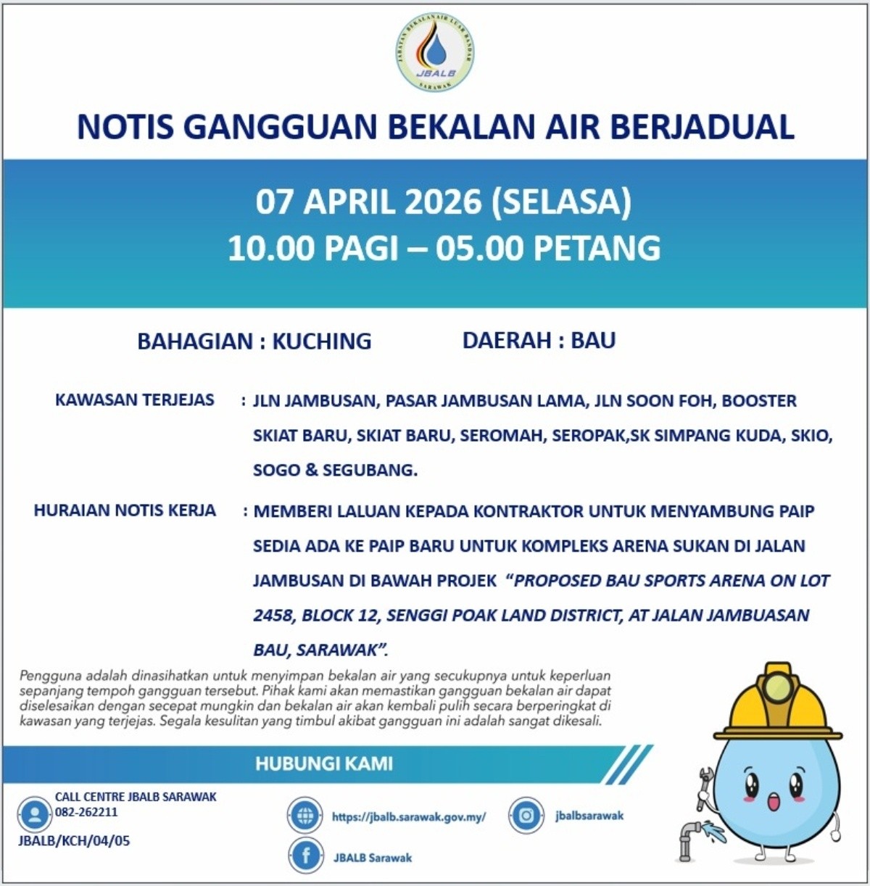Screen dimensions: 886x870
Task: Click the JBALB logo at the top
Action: (x=435, y=53)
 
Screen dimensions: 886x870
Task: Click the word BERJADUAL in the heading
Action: (x=702, y=127)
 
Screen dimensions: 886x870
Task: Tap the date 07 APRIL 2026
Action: (x=368, y=202)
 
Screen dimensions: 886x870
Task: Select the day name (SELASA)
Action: (x=561, y=202)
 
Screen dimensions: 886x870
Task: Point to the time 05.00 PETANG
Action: (x=548, y=248)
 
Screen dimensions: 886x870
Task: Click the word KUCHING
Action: (x=321, y=341)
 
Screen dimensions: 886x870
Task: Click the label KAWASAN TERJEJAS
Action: (x=135, y=399)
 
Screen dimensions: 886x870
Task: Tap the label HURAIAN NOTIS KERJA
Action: (x=125, y=510)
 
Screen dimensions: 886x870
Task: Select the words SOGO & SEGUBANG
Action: (x=335, y=470)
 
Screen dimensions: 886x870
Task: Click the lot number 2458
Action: (x=272, y=616)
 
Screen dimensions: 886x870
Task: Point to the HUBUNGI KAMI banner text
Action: (x=323, y=763)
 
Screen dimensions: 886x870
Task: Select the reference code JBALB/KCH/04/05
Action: (x=74, y=841)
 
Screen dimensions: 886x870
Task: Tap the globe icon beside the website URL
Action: (x=305, y=816)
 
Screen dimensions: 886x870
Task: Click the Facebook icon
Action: (x=305, y=856)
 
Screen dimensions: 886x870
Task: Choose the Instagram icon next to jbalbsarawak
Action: (x=526, y=816)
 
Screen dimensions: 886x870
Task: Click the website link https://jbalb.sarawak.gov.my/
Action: (x=409, y=816)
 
